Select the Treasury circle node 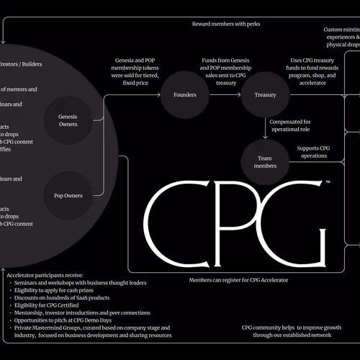click(x=266, y=94)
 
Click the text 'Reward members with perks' click(x=226, y=24)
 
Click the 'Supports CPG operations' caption click(x=314, y=153)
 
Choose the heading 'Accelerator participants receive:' click(x=55, y=274)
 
